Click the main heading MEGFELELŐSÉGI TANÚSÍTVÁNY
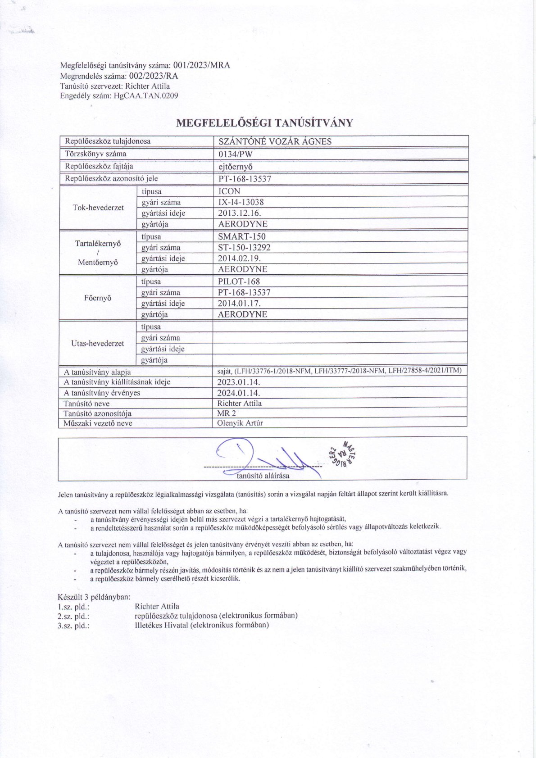pos(264,123)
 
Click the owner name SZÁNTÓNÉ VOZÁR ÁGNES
pos(275,141)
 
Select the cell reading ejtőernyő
pos(235,166)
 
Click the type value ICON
pos(229,191)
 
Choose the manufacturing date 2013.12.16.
pos(239,213)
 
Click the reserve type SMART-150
pos(242,236)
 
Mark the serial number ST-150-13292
pos(244,247)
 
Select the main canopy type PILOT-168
pos(239,281)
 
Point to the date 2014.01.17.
pos(239,303)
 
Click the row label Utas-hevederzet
pos(98,343)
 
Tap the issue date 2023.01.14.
pos(239,382)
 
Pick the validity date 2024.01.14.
pos(239,392)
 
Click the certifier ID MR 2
pos(227,413)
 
